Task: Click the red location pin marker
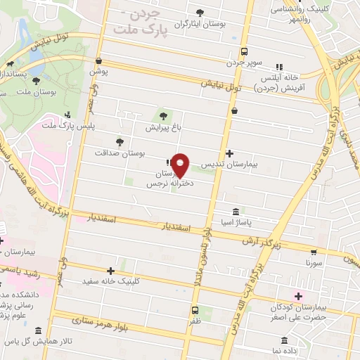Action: [181, 165]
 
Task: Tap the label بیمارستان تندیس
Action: [228, 162]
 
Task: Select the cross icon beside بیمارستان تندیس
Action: [229, 153]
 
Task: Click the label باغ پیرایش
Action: [163, 128]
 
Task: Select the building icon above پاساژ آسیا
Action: [235, 210]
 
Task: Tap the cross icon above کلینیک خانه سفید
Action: [110, 270]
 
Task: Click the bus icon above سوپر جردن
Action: [244, 51]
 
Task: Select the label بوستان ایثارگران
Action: [202, 24]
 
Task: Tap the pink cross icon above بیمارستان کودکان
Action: [299, 297]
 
